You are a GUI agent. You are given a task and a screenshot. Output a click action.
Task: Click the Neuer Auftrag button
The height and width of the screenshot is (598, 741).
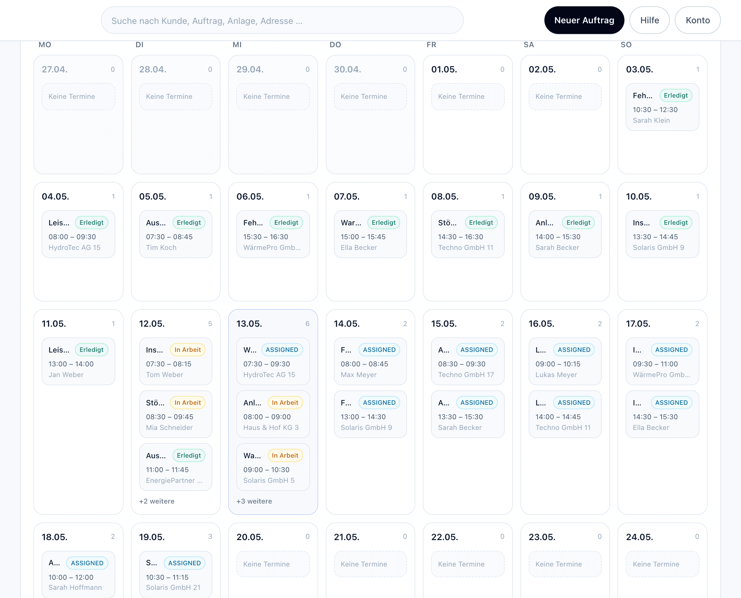pos(584,20)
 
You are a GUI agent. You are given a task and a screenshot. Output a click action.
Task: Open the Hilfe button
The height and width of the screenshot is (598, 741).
pos(649,20)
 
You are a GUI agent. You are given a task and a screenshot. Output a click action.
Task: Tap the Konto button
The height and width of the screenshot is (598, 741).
pos(697,20)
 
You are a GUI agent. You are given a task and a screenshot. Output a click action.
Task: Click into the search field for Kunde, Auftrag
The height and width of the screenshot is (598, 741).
pos(282,20)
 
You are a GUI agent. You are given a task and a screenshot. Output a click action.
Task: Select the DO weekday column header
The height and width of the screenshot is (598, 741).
pos(335,45)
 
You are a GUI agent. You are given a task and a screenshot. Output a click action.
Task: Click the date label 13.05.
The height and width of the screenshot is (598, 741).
pos(249,324)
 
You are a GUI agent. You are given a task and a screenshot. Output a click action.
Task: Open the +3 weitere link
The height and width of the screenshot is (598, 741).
pos(254,501)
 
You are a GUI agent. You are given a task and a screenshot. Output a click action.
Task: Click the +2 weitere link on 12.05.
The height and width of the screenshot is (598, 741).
pos(157,501)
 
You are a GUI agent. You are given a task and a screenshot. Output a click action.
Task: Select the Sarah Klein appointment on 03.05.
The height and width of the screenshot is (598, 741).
pos(662,107)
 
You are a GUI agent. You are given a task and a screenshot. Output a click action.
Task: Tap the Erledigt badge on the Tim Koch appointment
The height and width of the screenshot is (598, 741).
pos(189,223)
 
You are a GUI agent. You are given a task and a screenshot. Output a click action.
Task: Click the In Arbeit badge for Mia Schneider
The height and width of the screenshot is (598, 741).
pos(187,403)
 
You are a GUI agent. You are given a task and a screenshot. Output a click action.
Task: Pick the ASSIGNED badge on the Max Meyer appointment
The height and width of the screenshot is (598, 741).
pos(379,350)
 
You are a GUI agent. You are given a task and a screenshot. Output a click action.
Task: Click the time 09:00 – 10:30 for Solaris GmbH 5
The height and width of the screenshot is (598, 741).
pos(266,470)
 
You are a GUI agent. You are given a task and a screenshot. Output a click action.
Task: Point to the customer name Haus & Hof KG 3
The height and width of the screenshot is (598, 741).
pos(271,427)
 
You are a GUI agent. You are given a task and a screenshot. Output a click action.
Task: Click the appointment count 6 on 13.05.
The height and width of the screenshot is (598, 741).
pos(307,324)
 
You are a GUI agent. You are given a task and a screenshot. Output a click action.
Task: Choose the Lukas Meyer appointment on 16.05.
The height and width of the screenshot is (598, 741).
pos(565,361)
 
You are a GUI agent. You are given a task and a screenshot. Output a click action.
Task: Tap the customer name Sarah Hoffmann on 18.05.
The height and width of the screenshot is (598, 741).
pos(75,587)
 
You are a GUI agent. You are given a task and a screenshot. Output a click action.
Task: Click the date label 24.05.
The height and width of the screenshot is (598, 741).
pos(639,537)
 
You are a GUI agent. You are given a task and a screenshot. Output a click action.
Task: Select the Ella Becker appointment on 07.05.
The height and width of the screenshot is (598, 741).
pos(370,234)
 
